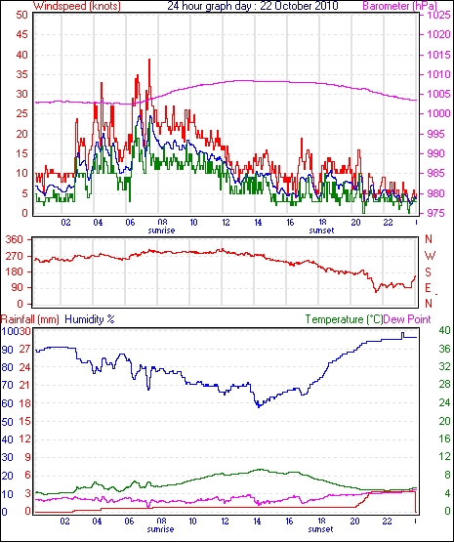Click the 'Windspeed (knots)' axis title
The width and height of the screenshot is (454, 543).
tap(77, 6)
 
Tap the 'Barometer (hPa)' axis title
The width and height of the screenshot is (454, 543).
tap(399, 6)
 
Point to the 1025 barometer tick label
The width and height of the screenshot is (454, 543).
tap(438, 15)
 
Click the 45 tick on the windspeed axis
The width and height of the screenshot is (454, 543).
tap(21, 34)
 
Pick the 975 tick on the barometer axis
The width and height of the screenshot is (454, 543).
tap(435, 213)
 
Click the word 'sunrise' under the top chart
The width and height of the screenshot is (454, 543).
tap(161, 230)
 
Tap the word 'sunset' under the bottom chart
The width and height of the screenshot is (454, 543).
tap(320, 529)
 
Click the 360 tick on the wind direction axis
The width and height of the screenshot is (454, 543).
tap(15, 239)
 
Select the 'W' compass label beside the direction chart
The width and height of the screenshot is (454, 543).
tap(430, 256)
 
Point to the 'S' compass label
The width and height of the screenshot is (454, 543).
tap(429, 272)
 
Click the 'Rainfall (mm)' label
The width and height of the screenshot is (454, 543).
tap(30, 319)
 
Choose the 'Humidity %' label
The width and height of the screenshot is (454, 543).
tap(90, 319)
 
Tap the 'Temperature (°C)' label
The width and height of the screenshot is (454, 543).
tap(345, 319)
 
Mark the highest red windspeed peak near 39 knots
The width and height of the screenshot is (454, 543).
tap(149, 60)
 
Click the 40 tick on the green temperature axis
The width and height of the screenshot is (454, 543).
tap(444, 330)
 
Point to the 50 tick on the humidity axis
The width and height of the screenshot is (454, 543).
tap(7, 422)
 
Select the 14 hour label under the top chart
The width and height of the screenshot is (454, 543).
tap(259, 222)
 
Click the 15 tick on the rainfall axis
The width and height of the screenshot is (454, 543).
tap(25, 422)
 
